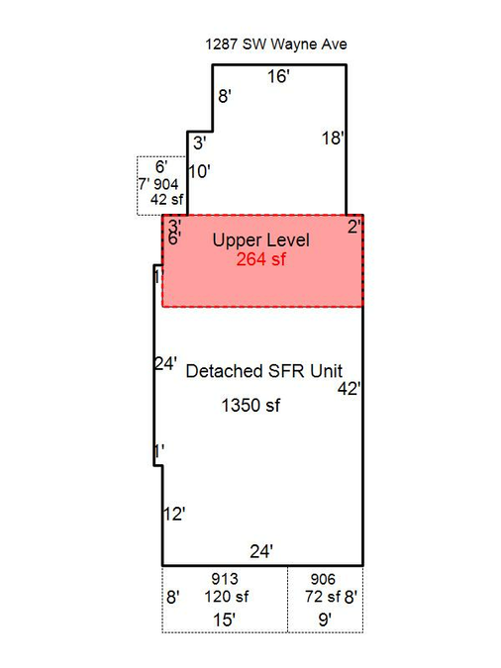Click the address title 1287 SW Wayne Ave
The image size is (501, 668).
pyautogui.click(x=276, y=45)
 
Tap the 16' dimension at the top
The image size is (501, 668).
pyautogui.click(x=278, y=76)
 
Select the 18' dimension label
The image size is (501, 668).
pyautogui.click(x=333, y=138)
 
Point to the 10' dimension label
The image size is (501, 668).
pyautogui.click(x=200, y=171)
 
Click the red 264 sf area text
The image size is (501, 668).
pyautogui.click(x=261, y=259)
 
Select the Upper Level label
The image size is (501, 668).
pyautogui.click(x=261, y=240)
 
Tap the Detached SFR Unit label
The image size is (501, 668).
pyautogui.click(x=264, y=371)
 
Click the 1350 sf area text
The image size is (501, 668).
pyautogui.click(x=250, y=405)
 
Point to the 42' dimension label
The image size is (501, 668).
pyautogui.click(x=350, y=389)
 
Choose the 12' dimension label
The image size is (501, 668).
pyautogui.click(x=174, y=515)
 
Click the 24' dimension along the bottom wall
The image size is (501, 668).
pyautogui.click(x=261, y=551)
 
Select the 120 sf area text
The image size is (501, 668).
pyautogui.click(x=227, y=597)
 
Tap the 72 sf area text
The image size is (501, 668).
pyautogui.click(x=323, y=597)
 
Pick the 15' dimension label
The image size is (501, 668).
pyautogui.click(x=225, y=620)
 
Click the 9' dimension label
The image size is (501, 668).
pyautogui.click(x=326, y=620)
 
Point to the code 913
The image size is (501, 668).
pyautogui.click(x=225, y=579)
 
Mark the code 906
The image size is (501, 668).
pyautogui.click(x=323, y=579)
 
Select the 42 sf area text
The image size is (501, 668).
pyautogui.click(x=166, y=199)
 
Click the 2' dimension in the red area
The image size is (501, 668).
pyautogui.click(x=354, y=227)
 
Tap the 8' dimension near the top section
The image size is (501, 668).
pyautogui.click(x=225, y=96)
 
